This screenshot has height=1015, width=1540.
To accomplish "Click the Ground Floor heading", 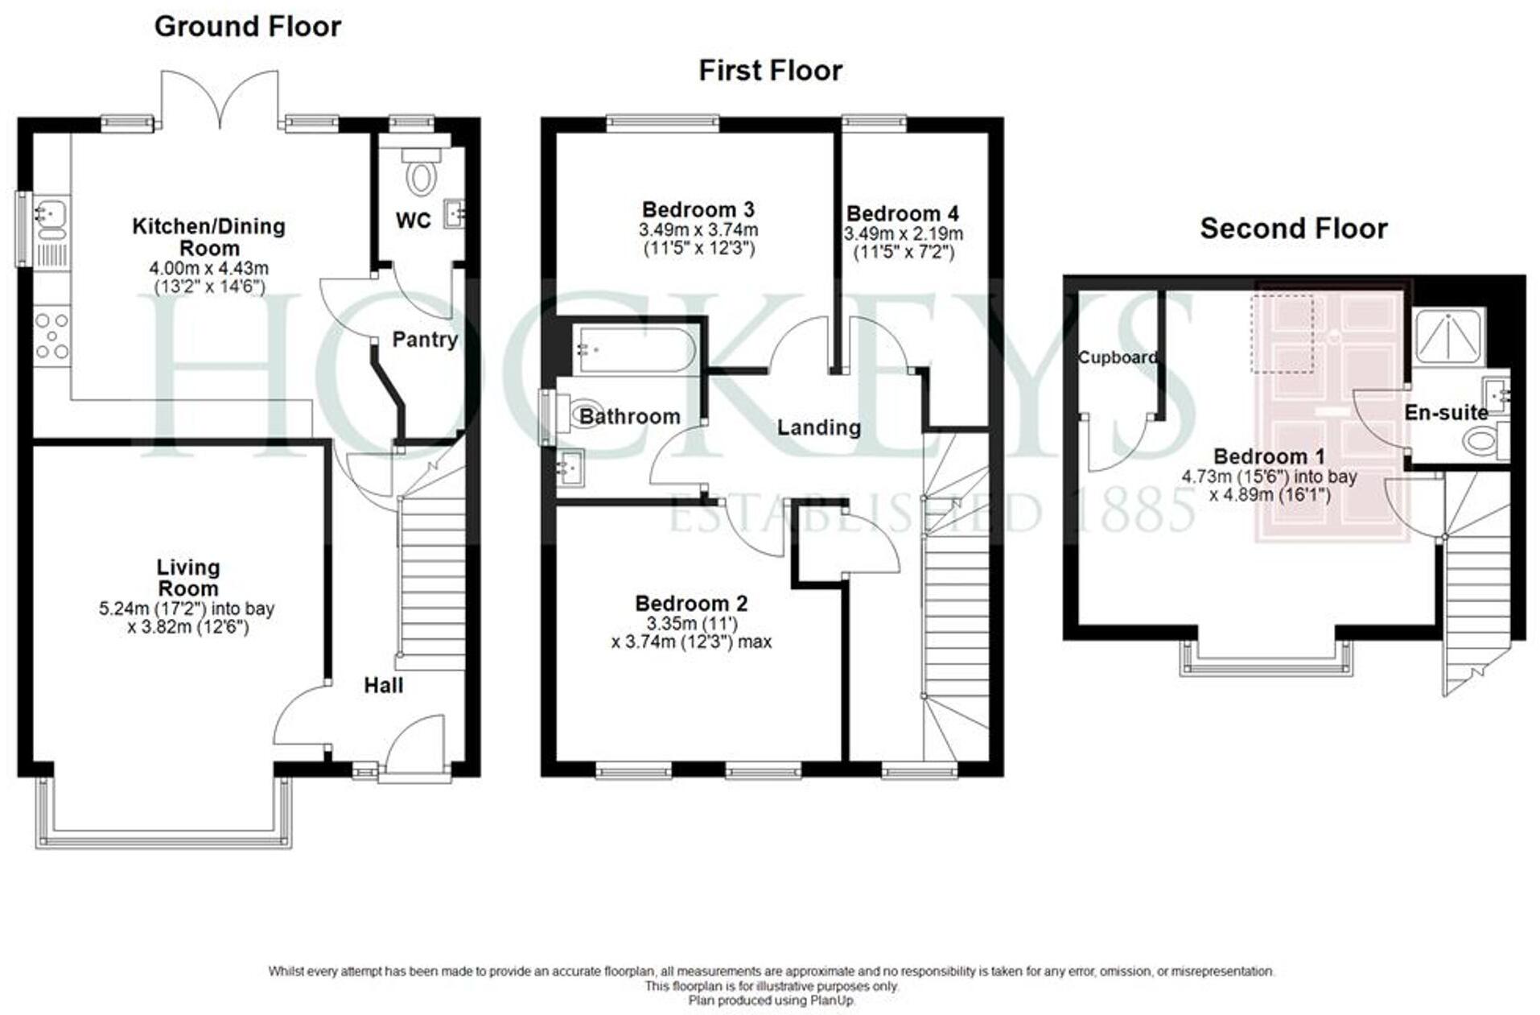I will point(247,27).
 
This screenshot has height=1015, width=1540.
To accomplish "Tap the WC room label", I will point(413,221).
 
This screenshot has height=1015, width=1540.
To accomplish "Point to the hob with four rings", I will point(52,335).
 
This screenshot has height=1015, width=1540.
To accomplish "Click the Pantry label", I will point(424,340).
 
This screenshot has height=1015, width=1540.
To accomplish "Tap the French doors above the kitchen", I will point(220,101).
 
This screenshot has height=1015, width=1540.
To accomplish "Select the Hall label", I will point(383,686).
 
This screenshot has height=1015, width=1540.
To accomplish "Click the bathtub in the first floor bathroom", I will point(635,350).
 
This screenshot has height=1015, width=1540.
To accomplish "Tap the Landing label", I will point(818,427).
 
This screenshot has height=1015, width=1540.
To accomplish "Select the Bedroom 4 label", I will point(902,214).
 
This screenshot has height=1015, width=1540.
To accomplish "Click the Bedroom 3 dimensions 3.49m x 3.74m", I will point(698,230).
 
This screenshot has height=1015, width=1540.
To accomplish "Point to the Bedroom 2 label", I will point(690,604).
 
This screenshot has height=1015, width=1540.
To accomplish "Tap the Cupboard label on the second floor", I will point(1117,357).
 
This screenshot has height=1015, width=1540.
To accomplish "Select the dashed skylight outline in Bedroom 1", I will point(1282,332).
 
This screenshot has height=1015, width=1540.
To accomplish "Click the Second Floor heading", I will point(1293,229).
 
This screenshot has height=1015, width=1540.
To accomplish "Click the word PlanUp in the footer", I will point(833,1001).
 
